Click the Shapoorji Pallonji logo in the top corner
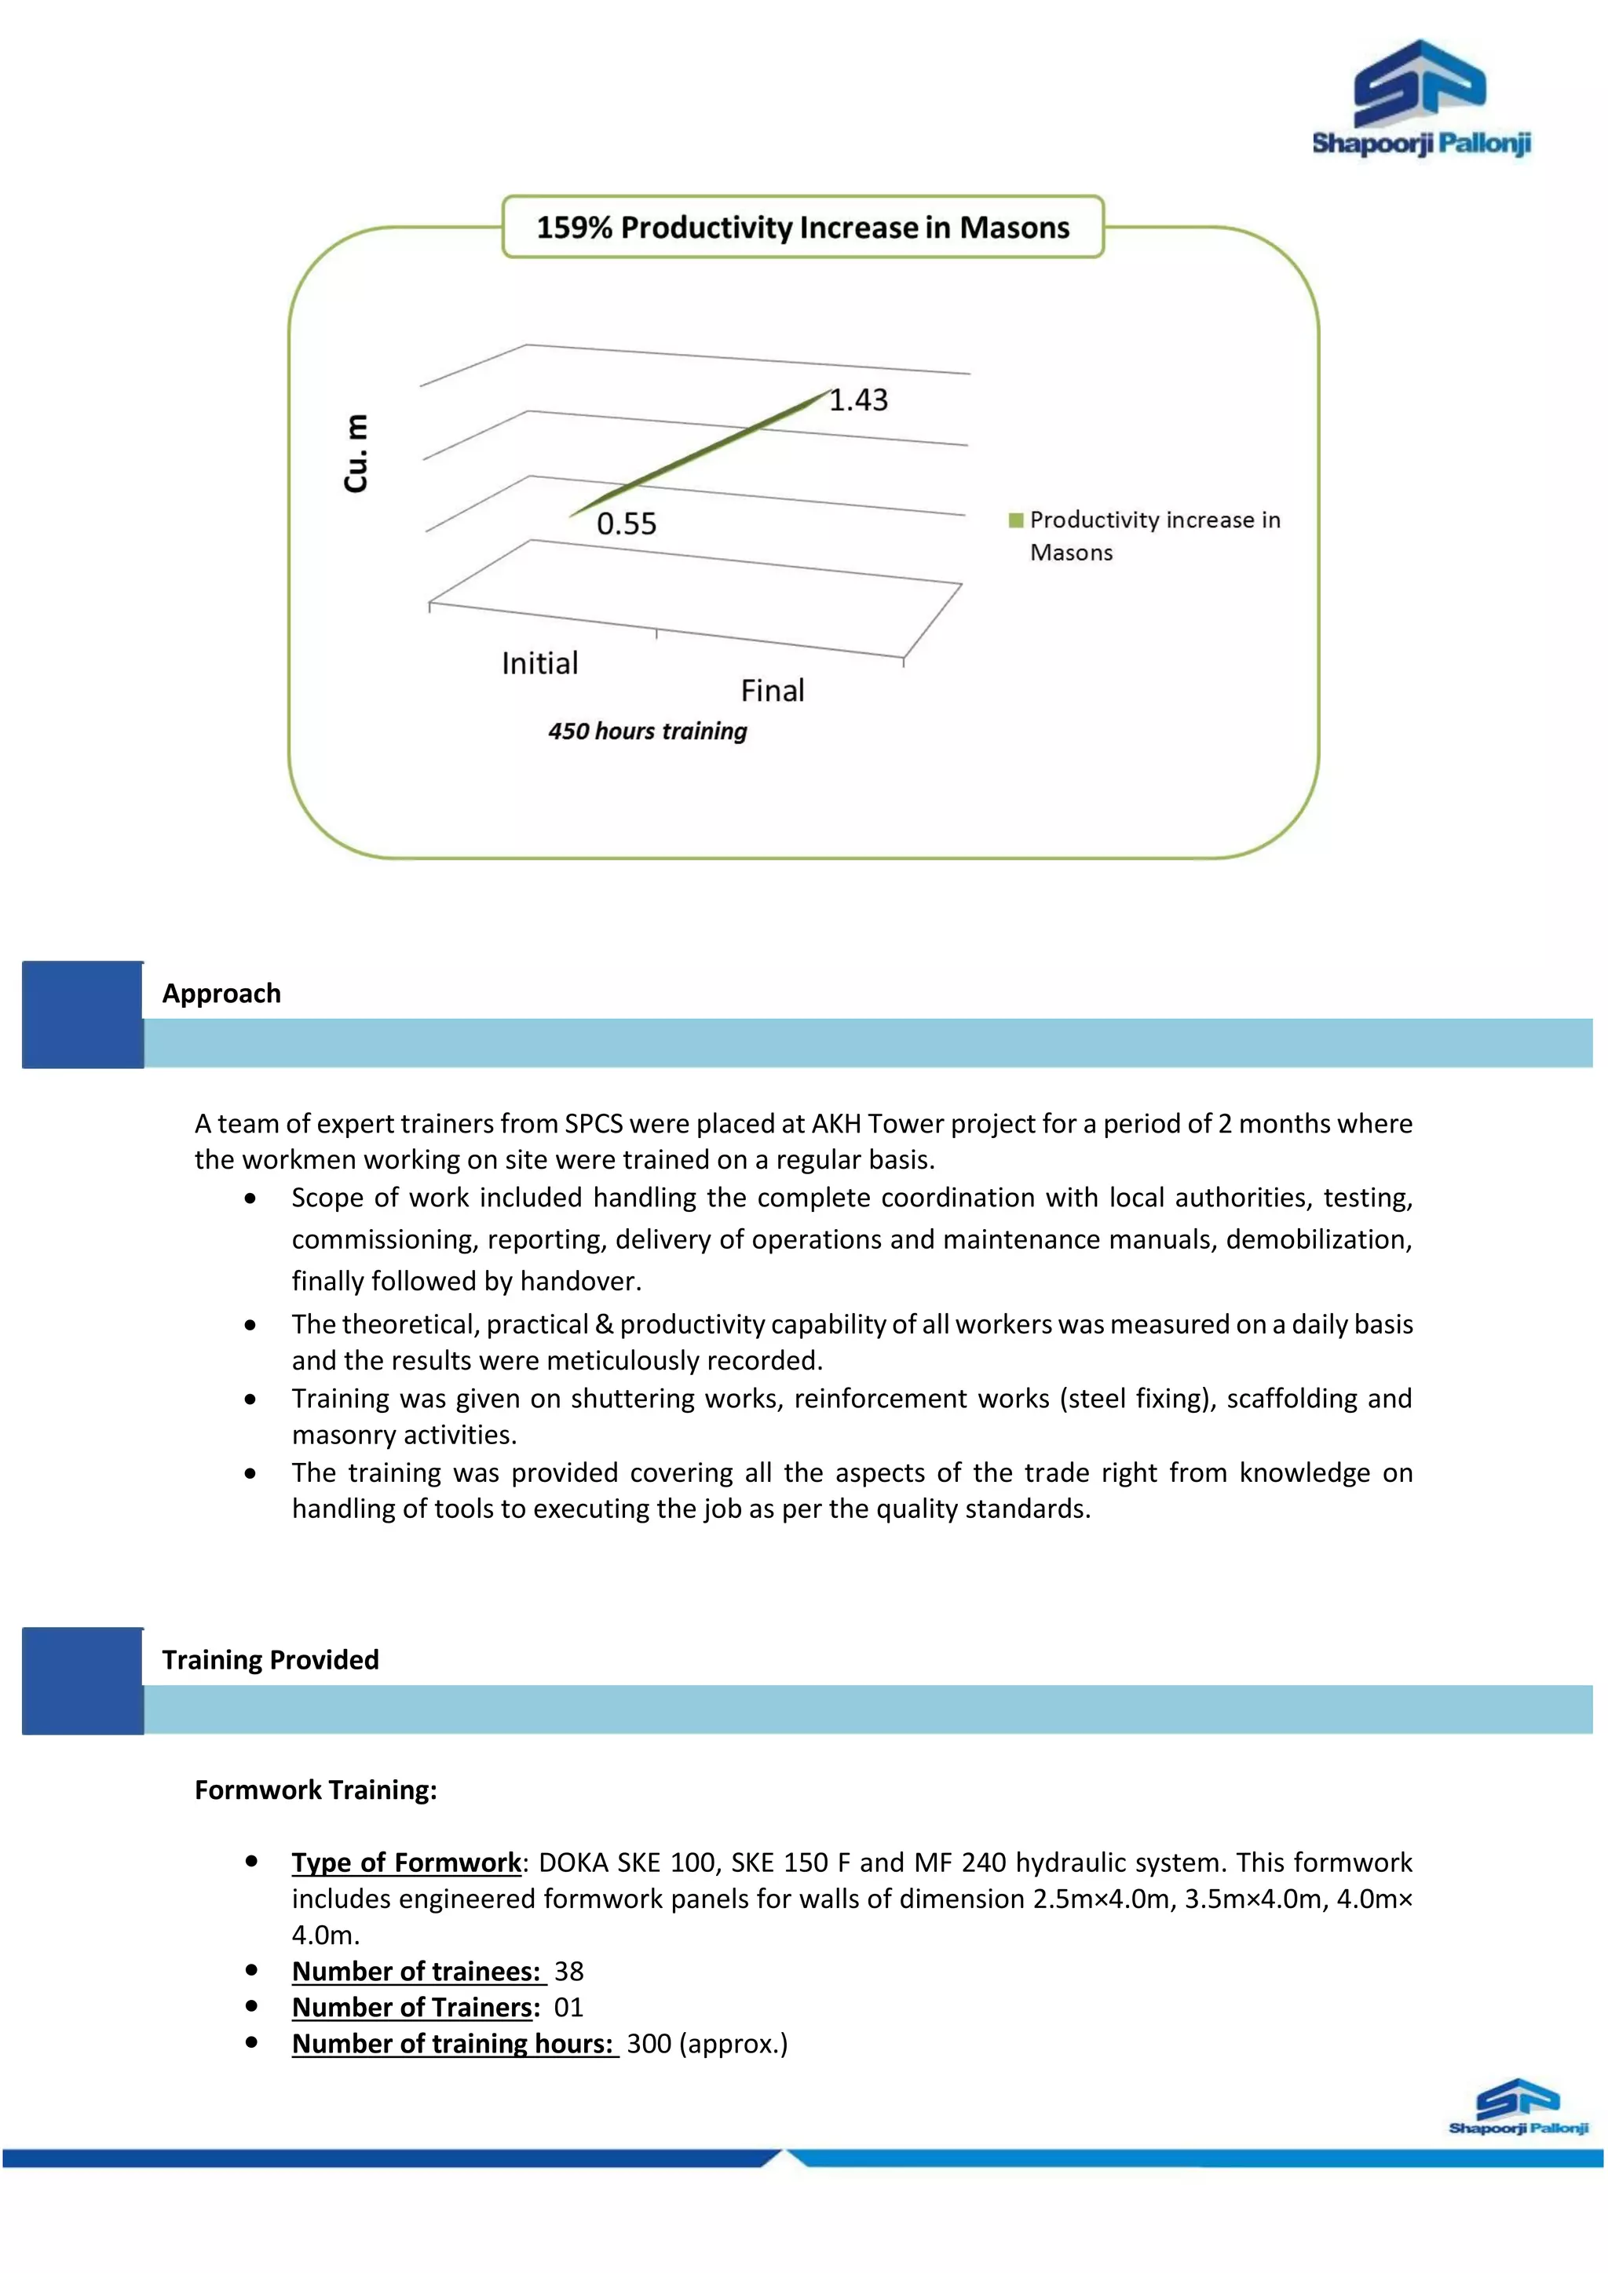point(1421,99)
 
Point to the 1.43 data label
point(858,400)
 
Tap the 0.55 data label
point(626,524)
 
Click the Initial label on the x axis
point(539,663)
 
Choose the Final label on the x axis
point(773,691)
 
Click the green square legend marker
point(1015,520)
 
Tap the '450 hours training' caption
point(648,732)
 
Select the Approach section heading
point(221,994)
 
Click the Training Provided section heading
point(270,1660)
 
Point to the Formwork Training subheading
point(316,1790)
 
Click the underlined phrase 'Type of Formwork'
point(406,1863)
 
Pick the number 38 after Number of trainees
point(568,1972)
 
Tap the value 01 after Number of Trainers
point(568,2008)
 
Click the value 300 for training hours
point(649,2045)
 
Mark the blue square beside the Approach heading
point(83,1015)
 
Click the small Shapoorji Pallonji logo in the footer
point(1518,2106)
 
